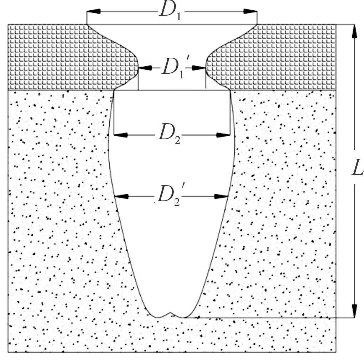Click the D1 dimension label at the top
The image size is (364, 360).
pyautogui.click(x=170, y=11)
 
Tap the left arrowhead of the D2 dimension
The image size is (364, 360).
pyautogui.click(x=120, y=135)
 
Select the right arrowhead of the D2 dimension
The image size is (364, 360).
pyautogui.click(x=224, y=135)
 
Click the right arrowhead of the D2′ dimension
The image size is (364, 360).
pyautogui.click(x=222, y=196)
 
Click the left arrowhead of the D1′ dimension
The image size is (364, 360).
pyautogui.click(x=144, y=67)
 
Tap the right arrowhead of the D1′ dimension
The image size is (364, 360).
pyautogui.click(x=199, y=67)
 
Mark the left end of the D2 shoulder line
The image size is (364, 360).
pyautogui.click(x=114, y=90)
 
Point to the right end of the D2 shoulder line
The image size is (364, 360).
pyautogui.click(x=230, y=90)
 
